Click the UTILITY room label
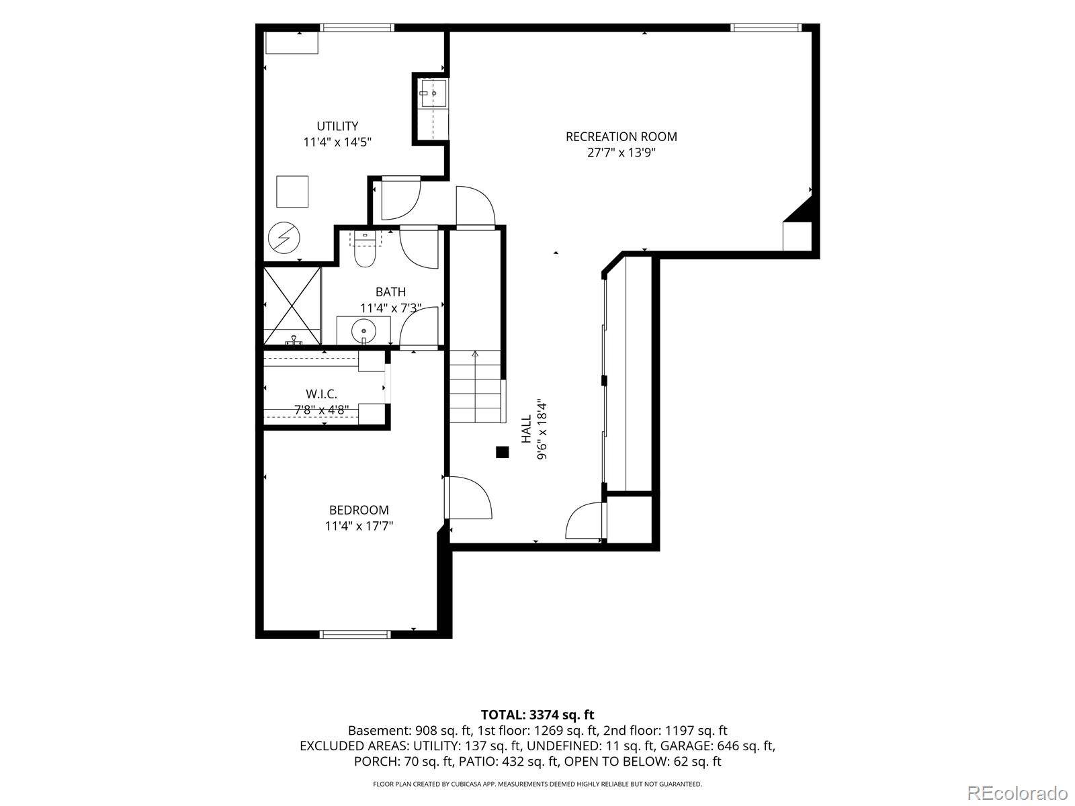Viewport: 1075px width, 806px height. pyautogui.click(x=337, y=126)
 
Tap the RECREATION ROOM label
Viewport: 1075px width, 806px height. pyautogui.click(x=621, y=136)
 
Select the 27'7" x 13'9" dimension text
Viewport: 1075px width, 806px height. pyautogui.click(x=621, y=152)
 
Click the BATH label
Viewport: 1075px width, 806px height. pyautogui.click(x=390, y=292)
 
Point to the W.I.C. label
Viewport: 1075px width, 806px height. pyautogui.click(x=321, y=394)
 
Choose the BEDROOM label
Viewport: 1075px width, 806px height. pyautogui.click(x=359, y=510)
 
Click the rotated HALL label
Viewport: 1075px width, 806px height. pyautogui.click(x=526, y=429)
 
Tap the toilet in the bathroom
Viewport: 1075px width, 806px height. pyautogui.click(x=364, y=250)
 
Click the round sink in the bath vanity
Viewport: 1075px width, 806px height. pyautogui.click(x=363, y=331)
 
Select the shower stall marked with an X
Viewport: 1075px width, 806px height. pyautogui.click(x=292, y=306)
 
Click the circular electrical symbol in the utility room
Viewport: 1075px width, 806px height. pyautogui.click(x=284, y=238)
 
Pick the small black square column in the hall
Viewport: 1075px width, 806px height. pyautogui.click(x=502, y=452)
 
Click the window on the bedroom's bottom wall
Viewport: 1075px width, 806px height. pyautogui.click(x=355, y=634)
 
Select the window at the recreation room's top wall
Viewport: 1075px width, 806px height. pyautogui.click(x=766, y=28)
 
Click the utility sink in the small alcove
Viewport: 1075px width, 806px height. pyautogui.click(x=433, y=93)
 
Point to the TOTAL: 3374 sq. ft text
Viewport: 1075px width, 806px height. pyautogui.click(x=537, y=715)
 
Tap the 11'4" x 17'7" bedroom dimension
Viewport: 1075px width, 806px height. pyautogui.click(x=359, y=526)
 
